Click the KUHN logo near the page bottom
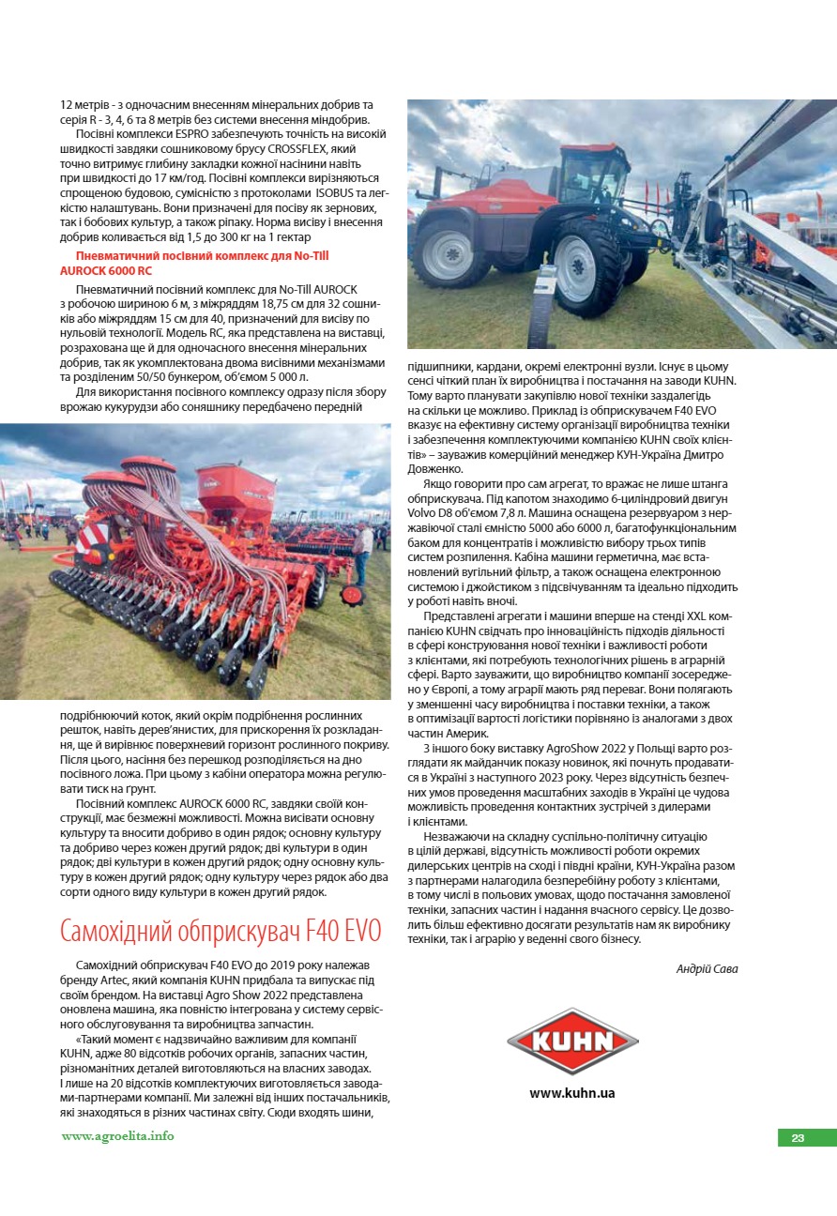click(572, 1040)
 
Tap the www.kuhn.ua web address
click(572, 1093)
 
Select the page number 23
click(798, 1138)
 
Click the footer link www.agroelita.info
click(117, 1136)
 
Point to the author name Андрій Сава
click(707, 969)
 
